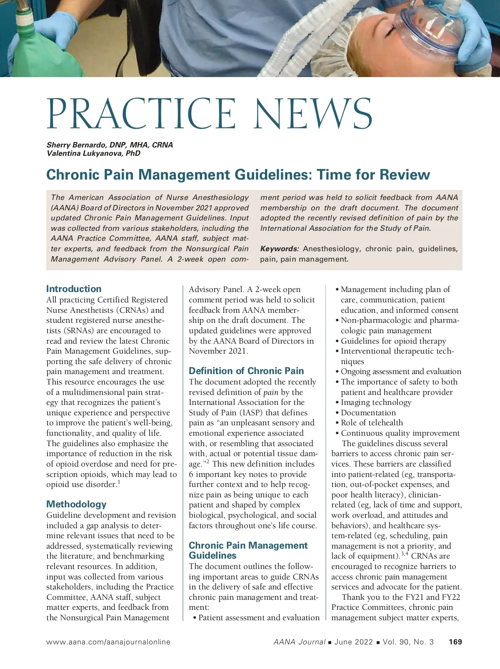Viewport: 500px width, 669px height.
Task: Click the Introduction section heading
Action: coord(74,289)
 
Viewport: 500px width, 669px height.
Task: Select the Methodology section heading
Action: coord(76,504)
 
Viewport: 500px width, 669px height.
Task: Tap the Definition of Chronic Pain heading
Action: coord(246,371)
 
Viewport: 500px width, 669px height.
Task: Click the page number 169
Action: coord(455,642)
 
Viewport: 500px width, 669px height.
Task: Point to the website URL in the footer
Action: coord(108,642)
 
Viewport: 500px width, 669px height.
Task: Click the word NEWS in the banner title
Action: coord(313,114)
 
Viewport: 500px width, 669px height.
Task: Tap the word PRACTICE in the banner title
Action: coord(142,114)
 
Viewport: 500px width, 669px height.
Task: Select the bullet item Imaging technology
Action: coord(376,402)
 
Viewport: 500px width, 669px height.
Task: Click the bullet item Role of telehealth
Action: coord(372,423)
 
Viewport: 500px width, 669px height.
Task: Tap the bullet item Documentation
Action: coord(368,413)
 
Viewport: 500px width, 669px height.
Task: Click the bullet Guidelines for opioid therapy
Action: coord(393,341)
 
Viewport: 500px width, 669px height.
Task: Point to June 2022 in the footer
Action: coord(353,642)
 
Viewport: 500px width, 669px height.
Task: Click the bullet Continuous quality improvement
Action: coord(400,433)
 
